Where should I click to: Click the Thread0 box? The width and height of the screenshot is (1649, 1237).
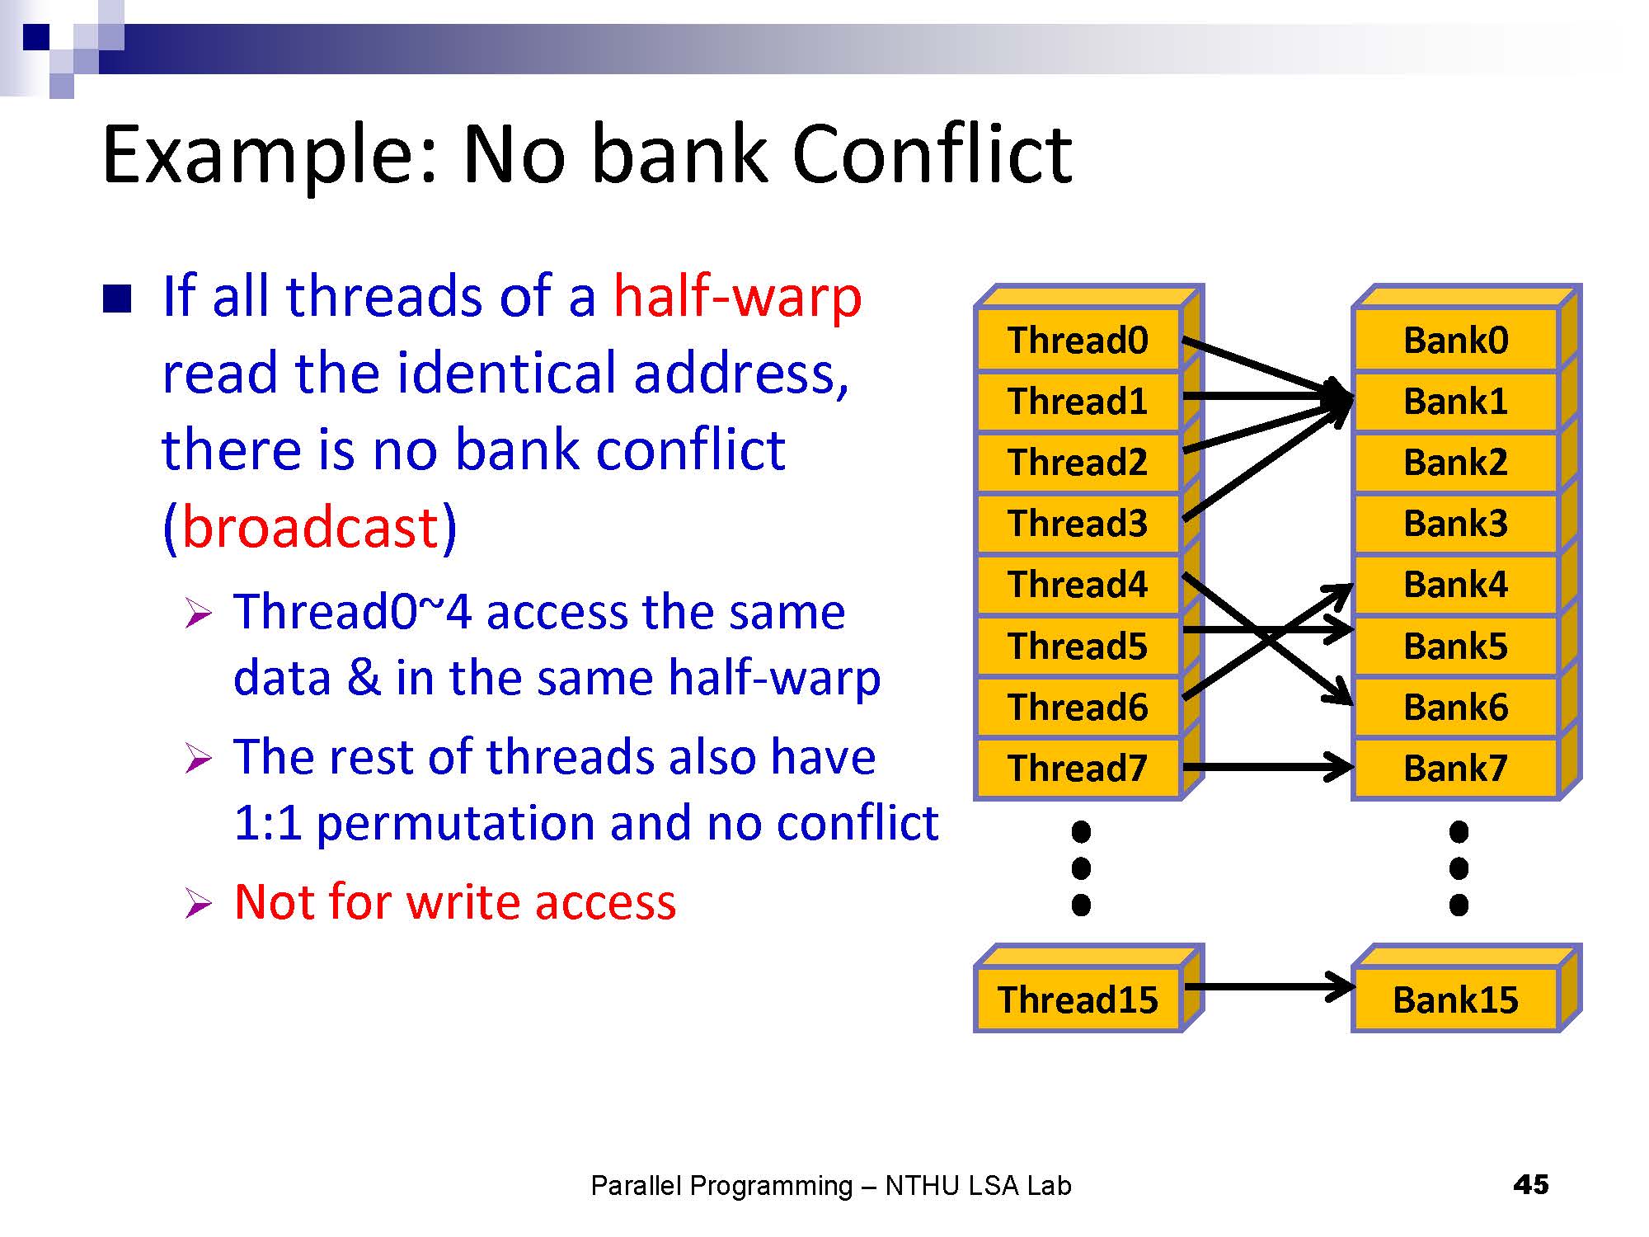coord(1078,340)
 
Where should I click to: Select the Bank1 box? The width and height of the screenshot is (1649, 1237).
coord(1455,402)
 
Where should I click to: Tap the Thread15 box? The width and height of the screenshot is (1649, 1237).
coord(1078,999)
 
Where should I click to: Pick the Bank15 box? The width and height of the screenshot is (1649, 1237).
coord(1455,999)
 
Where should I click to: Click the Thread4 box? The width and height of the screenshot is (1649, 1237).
coord(1078,585)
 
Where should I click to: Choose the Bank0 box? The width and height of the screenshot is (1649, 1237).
coord(1455,340)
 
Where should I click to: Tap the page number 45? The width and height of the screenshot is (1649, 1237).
coord(1530,1185)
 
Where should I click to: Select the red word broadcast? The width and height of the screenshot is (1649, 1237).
coord(310,527)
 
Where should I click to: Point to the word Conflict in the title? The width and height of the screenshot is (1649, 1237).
coord(932,154)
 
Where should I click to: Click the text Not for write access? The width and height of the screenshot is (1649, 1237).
coord(454,901)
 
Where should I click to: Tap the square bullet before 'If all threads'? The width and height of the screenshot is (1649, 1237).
coord(117,299)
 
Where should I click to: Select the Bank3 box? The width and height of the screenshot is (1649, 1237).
coord(1455,524)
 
